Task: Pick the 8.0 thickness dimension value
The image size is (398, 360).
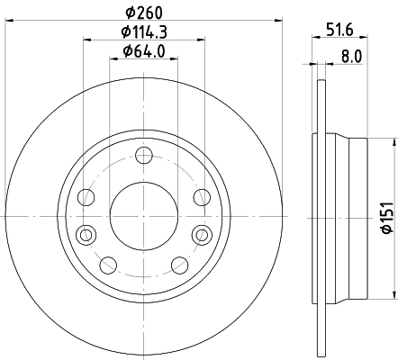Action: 350,56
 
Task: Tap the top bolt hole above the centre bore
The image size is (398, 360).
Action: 140,158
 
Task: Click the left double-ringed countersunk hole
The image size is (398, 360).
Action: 86,234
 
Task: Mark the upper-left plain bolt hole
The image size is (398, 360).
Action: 86,197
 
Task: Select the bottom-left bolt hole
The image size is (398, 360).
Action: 106,264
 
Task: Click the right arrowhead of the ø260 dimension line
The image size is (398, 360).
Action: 279,19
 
